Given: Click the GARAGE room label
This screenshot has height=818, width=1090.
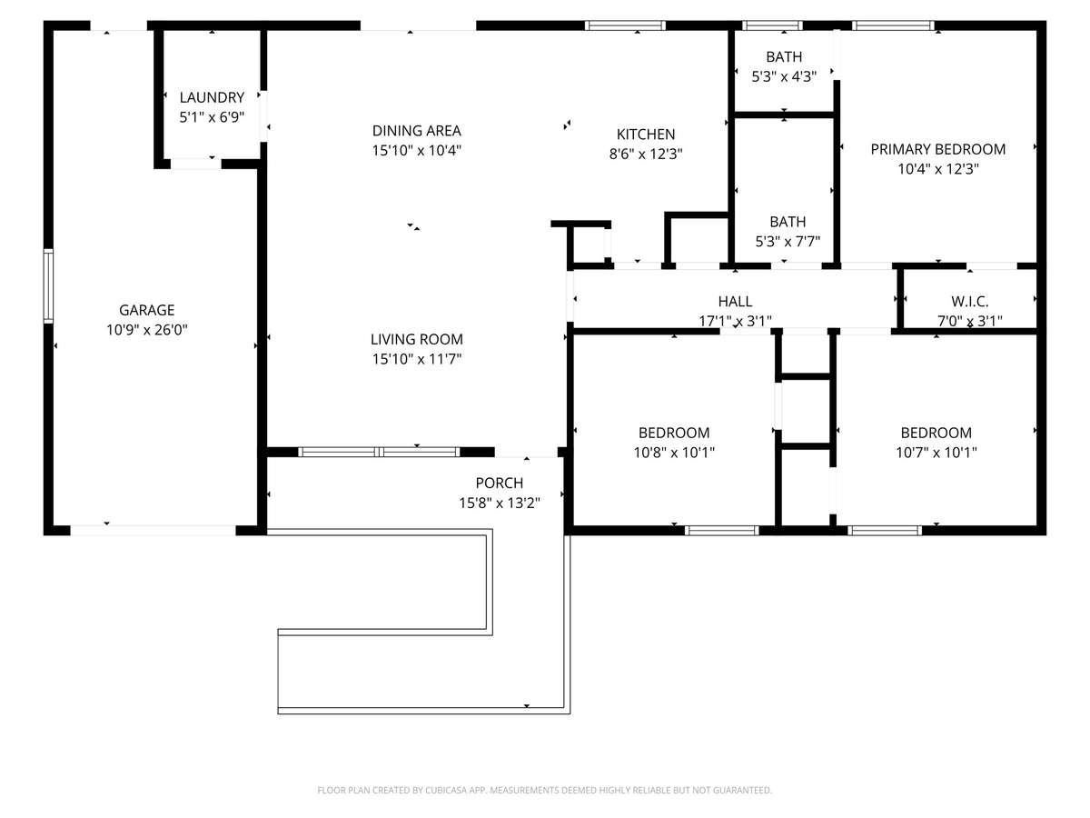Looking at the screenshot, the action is click(146, 310).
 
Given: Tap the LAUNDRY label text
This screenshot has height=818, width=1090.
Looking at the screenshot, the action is click(212, 97).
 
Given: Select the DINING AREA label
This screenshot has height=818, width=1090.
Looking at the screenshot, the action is click(417, 131).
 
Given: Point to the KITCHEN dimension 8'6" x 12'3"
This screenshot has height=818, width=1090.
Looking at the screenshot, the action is click(646, 154).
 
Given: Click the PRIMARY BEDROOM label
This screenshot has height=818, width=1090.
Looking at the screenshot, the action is click(938, 149).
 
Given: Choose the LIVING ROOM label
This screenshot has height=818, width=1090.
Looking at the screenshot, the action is click(417, 339).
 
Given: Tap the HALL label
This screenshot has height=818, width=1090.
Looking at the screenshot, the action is click(735, 302).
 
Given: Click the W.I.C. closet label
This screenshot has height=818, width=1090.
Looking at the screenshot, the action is click(970, 302).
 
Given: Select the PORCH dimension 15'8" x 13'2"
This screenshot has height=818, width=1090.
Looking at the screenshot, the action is click(499, 504).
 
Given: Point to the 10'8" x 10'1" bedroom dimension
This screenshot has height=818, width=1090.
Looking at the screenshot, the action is click(674, 453).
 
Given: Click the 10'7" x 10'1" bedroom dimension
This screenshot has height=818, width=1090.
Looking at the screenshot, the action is click(936, 453).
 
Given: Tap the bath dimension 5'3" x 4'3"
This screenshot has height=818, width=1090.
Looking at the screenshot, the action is click(784, 76).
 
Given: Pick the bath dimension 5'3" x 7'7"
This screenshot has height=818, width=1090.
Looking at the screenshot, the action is click(788, 242).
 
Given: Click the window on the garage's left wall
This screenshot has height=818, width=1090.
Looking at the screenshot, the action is click(48, 286).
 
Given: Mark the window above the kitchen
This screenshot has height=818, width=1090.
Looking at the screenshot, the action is click(625, 25).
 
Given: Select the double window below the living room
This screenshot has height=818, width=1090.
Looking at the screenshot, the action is click(379, 452).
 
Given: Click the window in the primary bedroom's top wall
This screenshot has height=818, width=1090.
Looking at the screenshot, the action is click(894, 25).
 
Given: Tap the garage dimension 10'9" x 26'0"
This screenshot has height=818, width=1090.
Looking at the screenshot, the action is click(147, 330).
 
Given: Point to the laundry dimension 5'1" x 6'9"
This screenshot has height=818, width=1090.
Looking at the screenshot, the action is click(212, 117).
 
